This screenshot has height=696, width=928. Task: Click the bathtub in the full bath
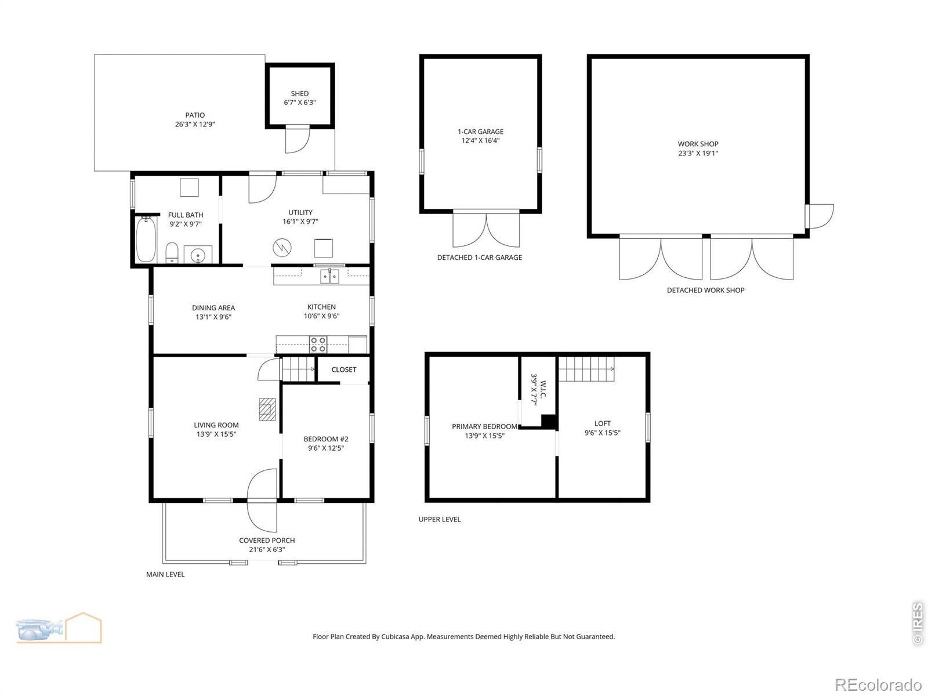[x=146, y=240]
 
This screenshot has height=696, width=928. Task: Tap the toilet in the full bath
[x=172, y=252]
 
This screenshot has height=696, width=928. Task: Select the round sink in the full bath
[x=198, y=255]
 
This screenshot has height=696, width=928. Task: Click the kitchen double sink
[x=329, y=277]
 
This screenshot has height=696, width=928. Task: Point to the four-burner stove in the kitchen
[x=318, y=344]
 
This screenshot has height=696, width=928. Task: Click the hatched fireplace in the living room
[x=267, y=409]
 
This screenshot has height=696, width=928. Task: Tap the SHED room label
[x=300, y=93]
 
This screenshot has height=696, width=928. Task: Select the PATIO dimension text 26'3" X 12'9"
[x=195, y=124]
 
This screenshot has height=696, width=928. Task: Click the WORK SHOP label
[x=698, y=144]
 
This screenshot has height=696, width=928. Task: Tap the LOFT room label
[x=603, y=423]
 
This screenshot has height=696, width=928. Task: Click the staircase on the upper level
[x=586, y=368]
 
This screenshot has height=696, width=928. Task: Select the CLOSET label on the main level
[x=344, y=369]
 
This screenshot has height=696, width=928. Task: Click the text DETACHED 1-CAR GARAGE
[x=480, y=258]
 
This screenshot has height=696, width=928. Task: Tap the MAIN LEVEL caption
[x=165, y=574]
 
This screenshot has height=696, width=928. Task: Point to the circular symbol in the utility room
[x=282, y=248]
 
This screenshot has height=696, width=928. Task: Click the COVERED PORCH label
[x=267, y=540]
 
